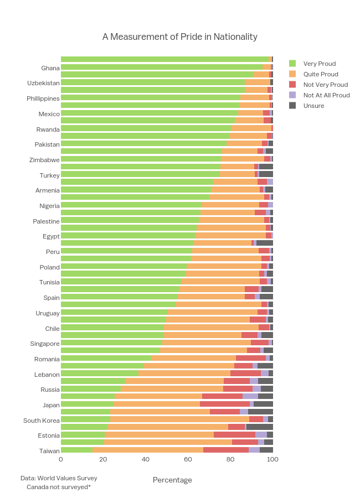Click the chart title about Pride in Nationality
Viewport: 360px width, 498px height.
coord(179,37)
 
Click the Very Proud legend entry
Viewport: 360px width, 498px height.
coord(320,64)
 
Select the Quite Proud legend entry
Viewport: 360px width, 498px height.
coord(320,74)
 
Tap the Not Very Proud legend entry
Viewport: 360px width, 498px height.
coord(325,85)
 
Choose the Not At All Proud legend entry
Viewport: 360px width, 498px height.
coord(326,95)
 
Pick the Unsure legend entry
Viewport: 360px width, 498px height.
coord(313,106)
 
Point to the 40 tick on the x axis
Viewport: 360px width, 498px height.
coord(146,459)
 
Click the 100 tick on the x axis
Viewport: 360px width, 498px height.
coord(272,459)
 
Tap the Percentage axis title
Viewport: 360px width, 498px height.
coord(172,480)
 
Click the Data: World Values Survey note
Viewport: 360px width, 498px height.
coord(59,478)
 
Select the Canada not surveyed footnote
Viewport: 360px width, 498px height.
coord(59,487)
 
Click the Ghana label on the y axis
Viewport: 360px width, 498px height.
coord(50,68)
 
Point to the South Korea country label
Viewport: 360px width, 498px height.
coord(41,421)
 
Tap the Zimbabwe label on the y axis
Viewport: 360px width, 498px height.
coord(44,160)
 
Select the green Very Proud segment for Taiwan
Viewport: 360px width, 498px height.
coord(76,450)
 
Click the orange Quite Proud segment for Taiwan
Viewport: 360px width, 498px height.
coord(148,450)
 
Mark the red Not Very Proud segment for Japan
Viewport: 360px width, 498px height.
coord(224,404)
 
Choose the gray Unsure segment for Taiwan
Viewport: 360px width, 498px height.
coord(266,450)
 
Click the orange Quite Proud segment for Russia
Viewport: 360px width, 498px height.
coord(172,388)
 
